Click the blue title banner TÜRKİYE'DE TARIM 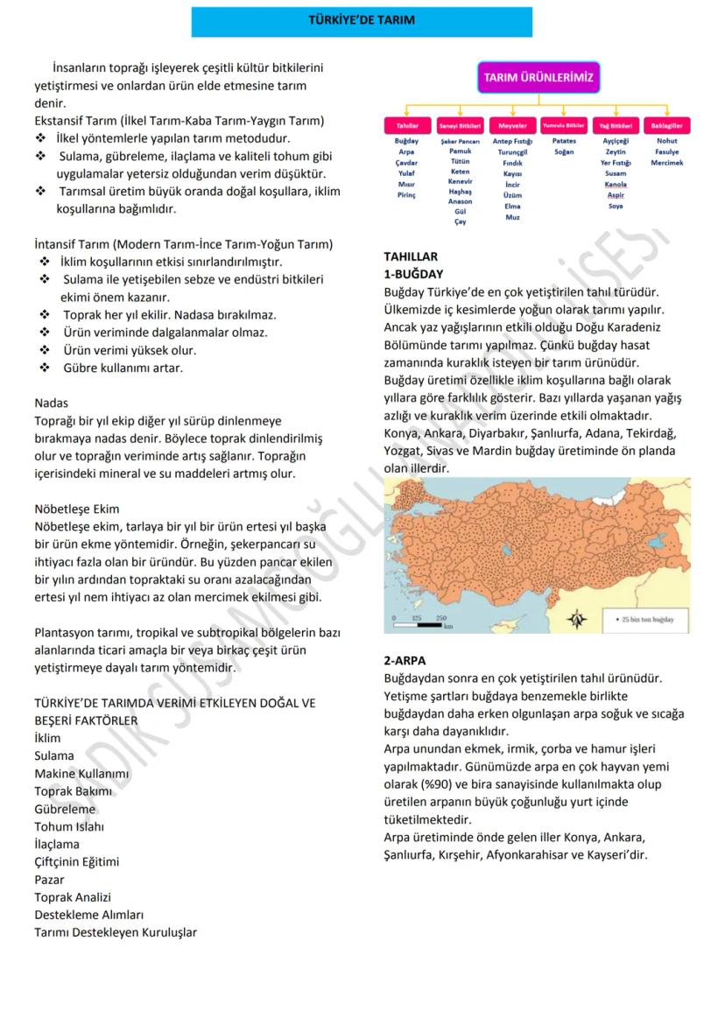(362, 19)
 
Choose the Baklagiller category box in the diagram (665, 127)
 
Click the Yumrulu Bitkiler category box (563, 127)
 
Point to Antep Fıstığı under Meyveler (511, 141)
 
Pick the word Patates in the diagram (563, 141)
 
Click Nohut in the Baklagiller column (665, 141)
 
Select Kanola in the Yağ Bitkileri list (616, 185)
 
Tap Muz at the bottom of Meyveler (511, 217)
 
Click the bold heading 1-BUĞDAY (413, 274)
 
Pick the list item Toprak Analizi (73, 896)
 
